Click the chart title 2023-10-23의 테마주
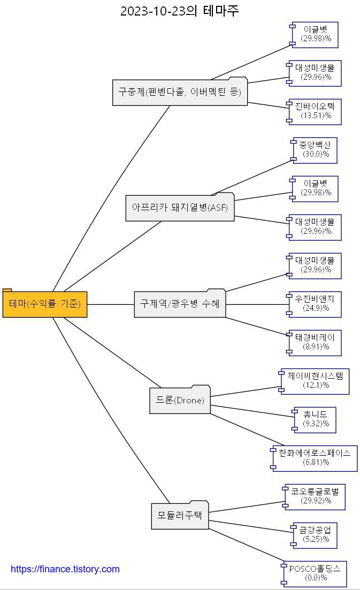point(180,11)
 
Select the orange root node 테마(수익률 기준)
point(45,304)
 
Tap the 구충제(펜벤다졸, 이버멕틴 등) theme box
point(180,93)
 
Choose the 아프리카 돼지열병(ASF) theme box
point(180,208)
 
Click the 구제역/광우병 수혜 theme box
point(180,304)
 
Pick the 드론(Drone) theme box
point(180,400)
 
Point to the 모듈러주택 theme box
point(180,516)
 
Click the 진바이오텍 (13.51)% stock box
point(314,111)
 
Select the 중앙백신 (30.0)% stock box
point(315,150)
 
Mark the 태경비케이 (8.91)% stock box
point(315,342)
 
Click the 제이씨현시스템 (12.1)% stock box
point(315,381)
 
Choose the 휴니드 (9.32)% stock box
point(315,419)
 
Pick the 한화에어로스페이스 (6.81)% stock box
point(315,458)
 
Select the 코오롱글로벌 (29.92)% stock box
point(315,496)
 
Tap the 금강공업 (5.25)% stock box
point(315,535)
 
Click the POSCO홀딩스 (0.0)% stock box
point(315,573)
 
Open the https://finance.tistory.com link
point(65,569)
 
